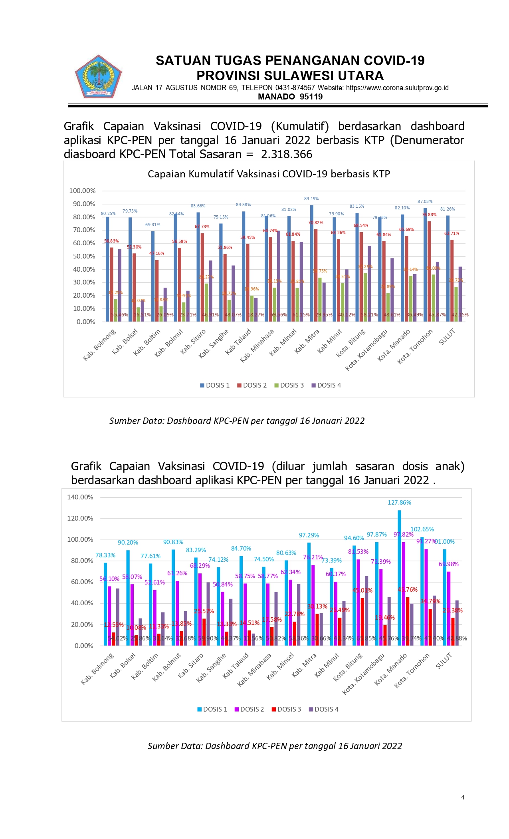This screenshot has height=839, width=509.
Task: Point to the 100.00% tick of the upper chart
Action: point(82,191)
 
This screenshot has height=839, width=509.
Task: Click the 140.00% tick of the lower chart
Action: point(80,497)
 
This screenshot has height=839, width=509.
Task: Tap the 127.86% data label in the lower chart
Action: point(399,503)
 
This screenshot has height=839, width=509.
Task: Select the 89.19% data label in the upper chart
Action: point(311,199)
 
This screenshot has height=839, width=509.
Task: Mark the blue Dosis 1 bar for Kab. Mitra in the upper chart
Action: point(311,264)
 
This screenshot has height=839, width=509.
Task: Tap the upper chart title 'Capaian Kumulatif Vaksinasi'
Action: point(269,174)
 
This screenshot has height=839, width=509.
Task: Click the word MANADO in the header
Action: point(276,97)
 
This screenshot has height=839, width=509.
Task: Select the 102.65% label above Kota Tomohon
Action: point(422,529)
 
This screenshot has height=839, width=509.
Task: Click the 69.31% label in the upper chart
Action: point(153,225)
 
